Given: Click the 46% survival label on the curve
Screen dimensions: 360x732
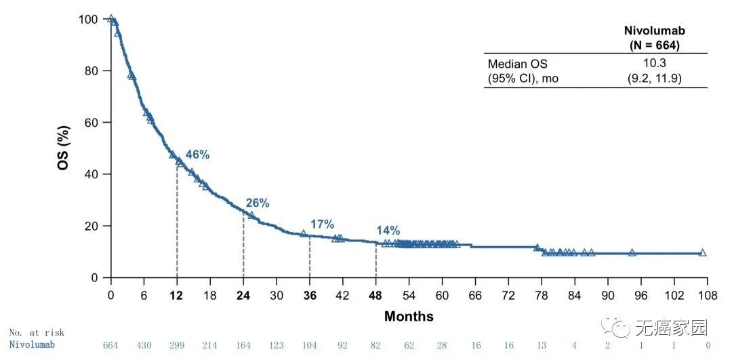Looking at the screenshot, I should (197, 155).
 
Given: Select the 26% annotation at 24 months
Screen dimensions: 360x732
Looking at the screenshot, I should (258, 203).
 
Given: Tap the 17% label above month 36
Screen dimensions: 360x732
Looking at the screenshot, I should (323, 224).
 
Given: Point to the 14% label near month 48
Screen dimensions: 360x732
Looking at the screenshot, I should (388, 231).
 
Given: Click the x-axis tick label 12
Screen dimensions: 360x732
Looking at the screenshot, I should (177, 296).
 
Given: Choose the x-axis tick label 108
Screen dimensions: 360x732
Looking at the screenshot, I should (707, 296).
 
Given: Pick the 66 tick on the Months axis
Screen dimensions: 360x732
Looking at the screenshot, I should (475, 296).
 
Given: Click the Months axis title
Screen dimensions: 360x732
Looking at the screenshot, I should (409, 317).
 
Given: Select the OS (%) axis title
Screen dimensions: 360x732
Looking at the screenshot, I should (63, 148).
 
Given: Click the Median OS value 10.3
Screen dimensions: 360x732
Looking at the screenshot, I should (654, 64).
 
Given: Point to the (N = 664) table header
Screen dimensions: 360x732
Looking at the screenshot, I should (655, 45).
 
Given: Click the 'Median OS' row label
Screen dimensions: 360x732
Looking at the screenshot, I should (517, 64).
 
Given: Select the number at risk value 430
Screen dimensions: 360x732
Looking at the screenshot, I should (144, 345).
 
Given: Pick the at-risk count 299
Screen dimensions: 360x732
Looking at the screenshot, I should (177, 345).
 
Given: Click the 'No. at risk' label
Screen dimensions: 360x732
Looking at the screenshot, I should (37, 332).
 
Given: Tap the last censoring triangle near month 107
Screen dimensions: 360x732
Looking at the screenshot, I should (702, 253).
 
